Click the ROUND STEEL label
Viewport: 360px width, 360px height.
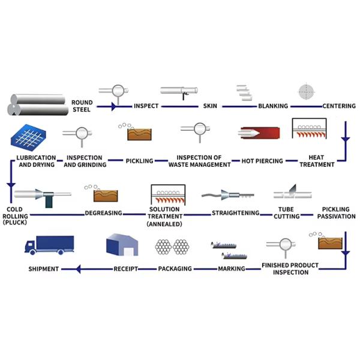pos(82,106)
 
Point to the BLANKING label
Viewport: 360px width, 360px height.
pos(273,106)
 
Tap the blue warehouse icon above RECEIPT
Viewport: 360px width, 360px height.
pos(122,245)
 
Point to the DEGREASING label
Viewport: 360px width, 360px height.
pos(103,213)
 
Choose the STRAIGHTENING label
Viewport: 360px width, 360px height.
pos(236,213)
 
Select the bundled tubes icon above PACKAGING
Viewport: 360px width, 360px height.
pos(172,247)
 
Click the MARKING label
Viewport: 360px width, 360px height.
pos(231,269)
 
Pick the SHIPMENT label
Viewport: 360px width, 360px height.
pos(44,269)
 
